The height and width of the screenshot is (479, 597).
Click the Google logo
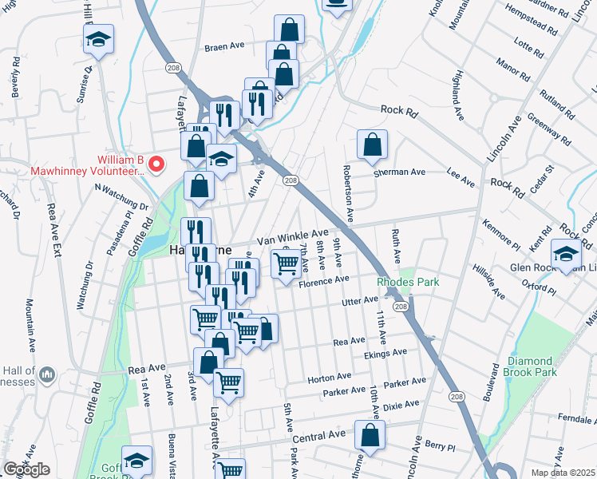tap(26, 469)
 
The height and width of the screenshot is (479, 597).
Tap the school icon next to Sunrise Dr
tap(98, 40)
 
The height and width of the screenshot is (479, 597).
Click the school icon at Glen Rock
tap(567, 255)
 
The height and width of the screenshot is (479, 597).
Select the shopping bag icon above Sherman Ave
tap(372, 145)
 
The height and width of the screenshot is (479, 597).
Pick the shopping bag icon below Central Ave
tap(370, 436)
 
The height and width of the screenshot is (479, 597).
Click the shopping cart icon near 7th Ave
tap(286, 263)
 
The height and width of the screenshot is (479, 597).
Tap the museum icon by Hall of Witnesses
tap(46, 374)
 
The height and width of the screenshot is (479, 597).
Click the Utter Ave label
tap(360, 299)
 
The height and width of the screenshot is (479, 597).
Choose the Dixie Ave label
tap(400, 405)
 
